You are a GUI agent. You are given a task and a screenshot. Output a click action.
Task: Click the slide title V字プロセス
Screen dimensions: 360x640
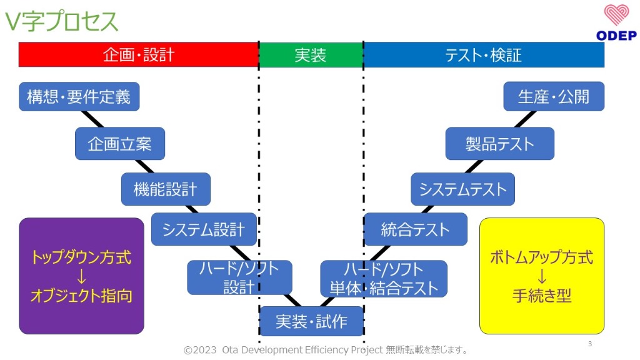61,21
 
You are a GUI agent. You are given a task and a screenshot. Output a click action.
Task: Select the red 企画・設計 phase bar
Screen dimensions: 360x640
138,55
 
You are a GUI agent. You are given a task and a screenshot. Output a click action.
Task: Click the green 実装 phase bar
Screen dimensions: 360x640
311,55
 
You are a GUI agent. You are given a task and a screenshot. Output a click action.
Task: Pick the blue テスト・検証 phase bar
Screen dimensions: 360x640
483,55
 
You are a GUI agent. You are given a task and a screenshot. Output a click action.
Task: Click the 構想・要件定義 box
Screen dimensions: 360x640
79,97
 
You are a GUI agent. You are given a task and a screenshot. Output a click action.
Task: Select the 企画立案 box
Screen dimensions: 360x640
120,144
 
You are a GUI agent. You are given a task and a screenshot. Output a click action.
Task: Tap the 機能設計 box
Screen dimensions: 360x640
166,189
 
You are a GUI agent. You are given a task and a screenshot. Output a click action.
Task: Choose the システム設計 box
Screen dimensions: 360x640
204,229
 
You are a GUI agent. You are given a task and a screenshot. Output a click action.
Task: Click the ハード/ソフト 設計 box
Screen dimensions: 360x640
239,277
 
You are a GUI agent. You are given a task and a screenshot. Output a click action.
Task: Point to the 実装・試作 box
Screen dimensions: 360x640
311,322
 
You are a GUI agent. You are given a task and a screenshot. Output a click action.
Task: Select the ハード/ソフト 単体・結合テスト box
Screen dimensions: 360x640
384,279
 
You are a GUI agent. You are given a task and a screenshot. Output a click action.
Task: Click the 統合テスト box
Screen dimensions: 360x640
416,229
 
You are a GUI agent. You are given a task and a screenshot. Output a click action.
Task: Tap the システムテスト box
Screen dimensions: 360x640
462,189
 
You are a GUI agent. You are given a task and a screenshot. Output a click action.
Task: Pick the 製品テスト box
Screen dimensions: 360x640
499,144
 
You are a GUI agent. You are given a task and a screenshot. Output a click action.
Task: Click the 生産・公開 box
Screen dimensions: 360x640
554,97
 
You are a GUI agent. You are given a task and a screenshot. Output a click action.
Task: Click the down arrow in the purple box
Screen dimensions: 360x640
81,276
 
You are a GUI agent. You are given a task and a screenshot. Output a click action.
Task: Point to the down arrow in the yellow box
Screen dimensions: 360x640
541,276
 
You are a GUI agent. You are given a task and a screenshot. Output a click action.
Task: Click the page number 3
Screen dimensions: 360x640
590,344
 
